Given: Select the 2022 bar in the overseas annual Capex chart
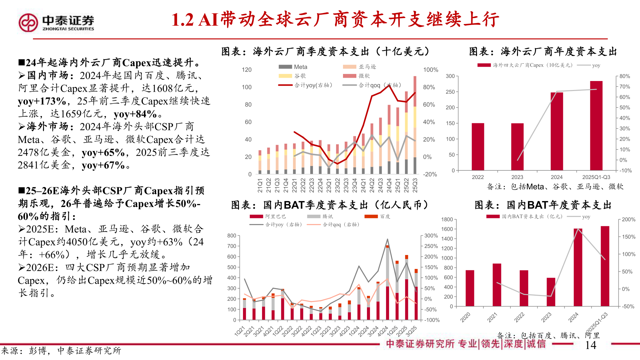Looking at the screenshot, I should [478, 147].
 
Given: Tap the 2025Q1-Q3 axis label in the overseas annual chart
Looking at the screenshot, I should [596, 177].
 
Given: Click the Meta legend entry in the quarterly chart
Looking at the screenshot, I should [293, 67].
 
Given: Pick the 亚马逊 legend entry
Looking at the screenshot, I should [360, 67].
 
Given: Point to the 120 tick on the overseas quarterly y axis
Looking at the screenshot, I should [246, 70].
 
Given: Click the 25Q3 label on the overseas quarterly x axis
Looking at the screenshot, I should [415, 185].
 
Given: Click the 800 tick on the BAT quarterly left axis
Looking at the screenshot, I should [232, 236].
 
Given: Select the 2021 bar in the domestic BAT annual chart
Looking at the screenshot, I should [497, 285].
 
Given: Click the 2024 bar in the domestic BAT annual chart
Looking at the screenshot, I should [578, 267].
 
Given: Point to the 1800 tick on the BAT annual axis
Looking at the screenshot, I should [447, 219].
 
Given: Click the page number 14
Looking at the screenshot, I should [590, 345].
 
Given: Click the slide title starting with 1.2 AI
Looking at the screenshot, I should [335, 19].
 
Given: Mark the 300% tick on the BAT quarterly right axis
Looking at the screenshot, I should [431, 236].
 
